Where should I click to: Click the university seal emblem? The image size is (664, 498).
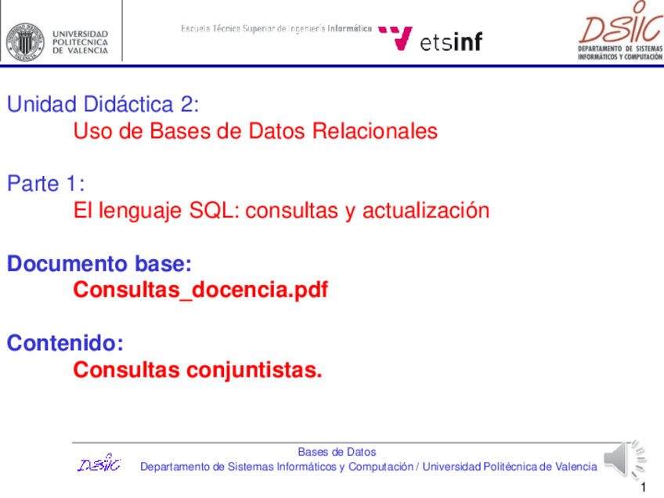(x=25, y=42)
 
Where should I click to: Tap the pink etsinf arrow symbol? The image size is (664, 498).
(x=395, y=38)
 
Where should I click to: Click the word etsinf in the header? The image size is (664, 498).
(x=451, y=41)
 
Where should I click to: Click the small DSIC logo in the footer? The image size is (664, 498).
(x=99, y=463)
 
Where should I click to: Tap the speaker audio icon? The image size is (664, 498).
(x=625, y=459)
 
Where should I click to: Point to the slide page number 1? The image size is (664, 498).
(x=643, y=487)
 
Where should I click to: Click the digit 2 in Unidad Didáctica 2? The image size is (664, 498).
(x=186, y=104)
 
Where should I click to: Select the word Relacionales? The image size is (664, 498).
(x=375, y=131)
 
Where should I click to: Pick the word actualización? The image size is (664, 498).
(x=426, y=211)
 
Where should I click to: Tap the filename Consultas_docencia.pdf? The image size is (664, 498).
(x=200, y=290)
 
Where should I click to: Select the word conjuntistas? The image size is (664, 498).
(x=252, y=370)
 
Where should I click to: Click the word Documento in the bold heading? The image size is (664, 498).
(x=67, y=263)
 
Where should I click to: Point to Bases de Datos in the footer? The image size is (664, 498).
(x=337, y=452)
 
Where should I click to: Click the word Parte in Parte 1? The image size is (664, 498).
(x=33, y=184)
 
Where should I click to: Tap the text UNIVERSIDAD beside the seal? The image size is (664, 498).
(x=80, y=34)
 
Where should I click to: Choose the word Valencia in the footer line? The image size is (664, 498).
(x=576, y=467)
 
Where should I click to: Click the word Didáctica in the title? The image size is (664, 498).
(x=128, y=104)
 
